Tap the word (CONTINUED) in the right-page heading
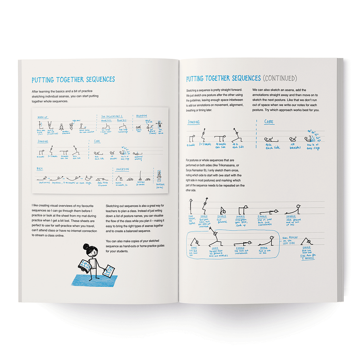pyautogui.click(x=279, y=79)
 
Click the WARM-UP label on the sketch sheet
pyautogui.click(x=43, y=117)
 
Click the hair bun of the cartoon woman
pyautogui.click(x=86, y=246)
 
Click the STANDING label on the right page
pyautogui.click(x=194, y=122)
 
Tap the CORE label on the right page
pyautogui.click(x=269, y=122)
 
